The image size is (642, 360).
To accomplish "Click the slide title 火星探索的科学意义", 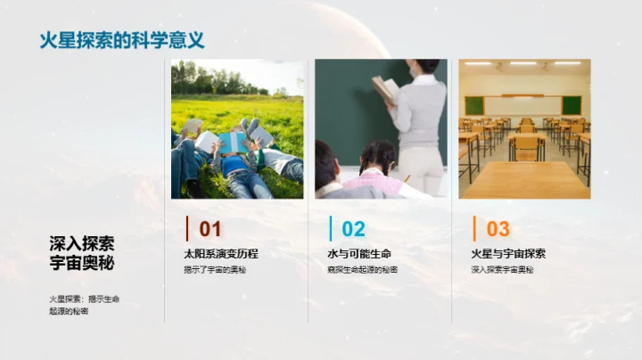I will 121,40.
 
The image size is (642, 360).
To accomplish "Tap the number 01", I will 210,229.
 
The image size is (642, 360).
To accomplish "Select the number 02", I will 353,229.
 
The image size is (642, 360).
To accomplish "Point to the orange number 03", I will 498,229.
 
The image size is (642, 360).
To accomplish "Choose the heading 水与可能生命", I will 359,254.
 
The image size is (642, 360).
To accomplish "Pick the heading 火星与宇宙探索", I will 508,254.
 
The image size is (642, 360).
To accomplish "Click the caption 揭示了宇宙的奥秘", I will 214,269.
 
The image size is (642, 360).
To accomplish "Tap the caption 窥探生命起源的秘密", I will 362,269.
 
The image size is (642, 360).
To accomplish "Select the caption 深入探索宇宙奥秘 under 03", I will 502,269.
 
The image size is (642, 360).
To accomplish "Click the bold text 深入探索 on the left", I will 82,243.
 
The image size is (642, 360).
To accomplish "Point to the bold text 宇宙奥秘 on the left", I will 82,263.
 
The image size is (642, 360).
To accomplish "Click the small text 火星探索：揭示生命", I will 84,299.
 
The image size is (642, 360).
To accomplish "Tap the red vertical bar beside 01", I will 186,228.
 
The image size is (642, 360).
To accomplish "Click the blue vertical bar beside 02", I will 330,228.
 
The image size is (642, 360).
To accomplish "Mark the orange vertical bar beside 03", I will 474,228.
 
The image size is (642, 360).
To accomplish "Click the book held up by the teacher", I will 385,89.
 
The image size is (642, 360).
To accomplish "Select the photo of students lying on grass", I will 237,128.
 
